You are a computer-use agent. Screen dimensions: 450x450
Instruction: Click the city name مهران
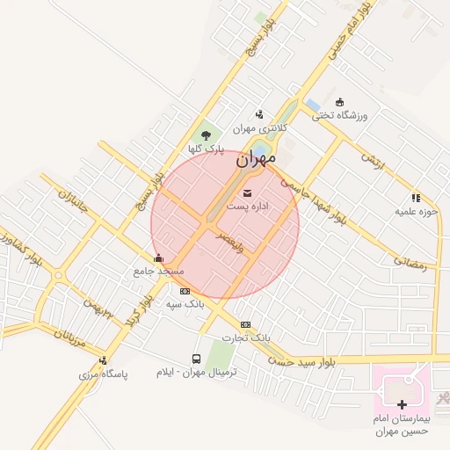click(256, 160)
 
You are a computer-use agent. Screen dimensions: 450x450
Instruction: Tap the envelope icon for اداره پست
click(247, 192)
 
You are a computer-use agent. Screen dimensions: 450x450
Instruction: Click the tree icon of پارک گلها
click(206, 135)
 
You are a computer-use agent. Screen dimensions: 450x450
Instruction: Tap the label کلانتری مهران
click(258, 127)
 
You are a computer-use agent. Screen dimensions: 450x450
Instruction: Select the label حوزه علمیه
click(415, 212)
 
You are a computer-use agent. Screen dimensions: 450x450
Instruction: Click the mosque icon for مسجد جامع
click(158, 258)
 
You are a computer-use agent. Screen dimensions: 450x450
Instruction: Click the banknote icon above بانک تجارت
click(245, 324)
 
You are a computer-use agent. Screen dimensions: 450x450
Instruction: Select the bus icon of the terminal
click(196, 359)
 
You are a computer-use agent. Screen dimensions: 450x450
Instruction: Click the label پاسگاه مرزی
click(104, 374)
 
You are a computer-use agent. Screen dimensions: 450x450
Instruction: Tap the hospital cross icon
click(402, 405)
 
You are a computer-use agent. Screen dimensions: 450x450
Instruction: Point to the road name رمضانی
click(410, 263)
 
